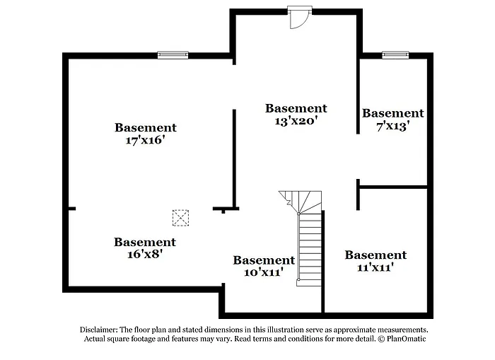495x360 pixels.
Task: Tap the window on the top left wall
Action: (173, 54)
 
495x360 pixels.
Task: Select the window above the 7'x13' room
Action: (395, 54)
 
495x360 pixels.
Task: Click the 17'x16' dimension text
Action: (145, 140)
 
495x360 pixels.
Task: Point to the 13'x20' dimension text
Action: (296, 121)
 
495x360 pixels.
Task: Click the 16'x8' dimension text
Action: (144, 255)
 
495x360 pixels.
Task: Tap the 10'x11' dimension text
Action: (264, 272)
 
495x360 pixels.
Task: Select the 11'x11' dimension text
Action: (375, 267)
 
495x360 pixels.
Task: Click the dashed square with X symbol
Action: (181, 217)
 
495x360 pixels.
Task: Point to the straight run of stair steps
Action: (310, 248)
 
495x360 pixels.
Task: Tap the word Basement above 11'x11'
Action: (375, 255)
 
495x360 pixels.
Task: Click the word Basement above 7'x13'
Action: (392, 113)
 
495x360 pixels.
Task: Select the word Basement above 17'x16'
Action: (145, 127)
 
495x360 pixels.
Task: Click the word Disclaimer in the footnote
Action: (98, 330)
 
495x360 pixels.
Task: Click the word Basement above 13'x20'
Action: (296, 108)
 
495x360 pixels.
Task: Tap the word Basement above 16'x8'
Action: (144, 242)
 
